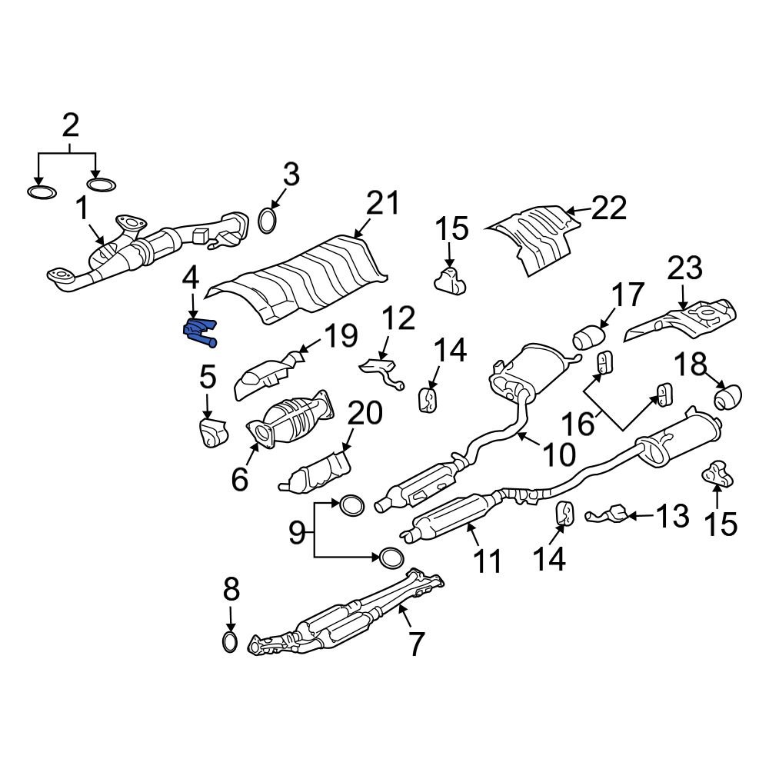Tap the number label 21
383,204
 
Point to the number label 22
609,208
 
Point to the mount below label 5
209,432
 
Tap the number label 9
297,532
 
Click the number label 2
70,124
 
